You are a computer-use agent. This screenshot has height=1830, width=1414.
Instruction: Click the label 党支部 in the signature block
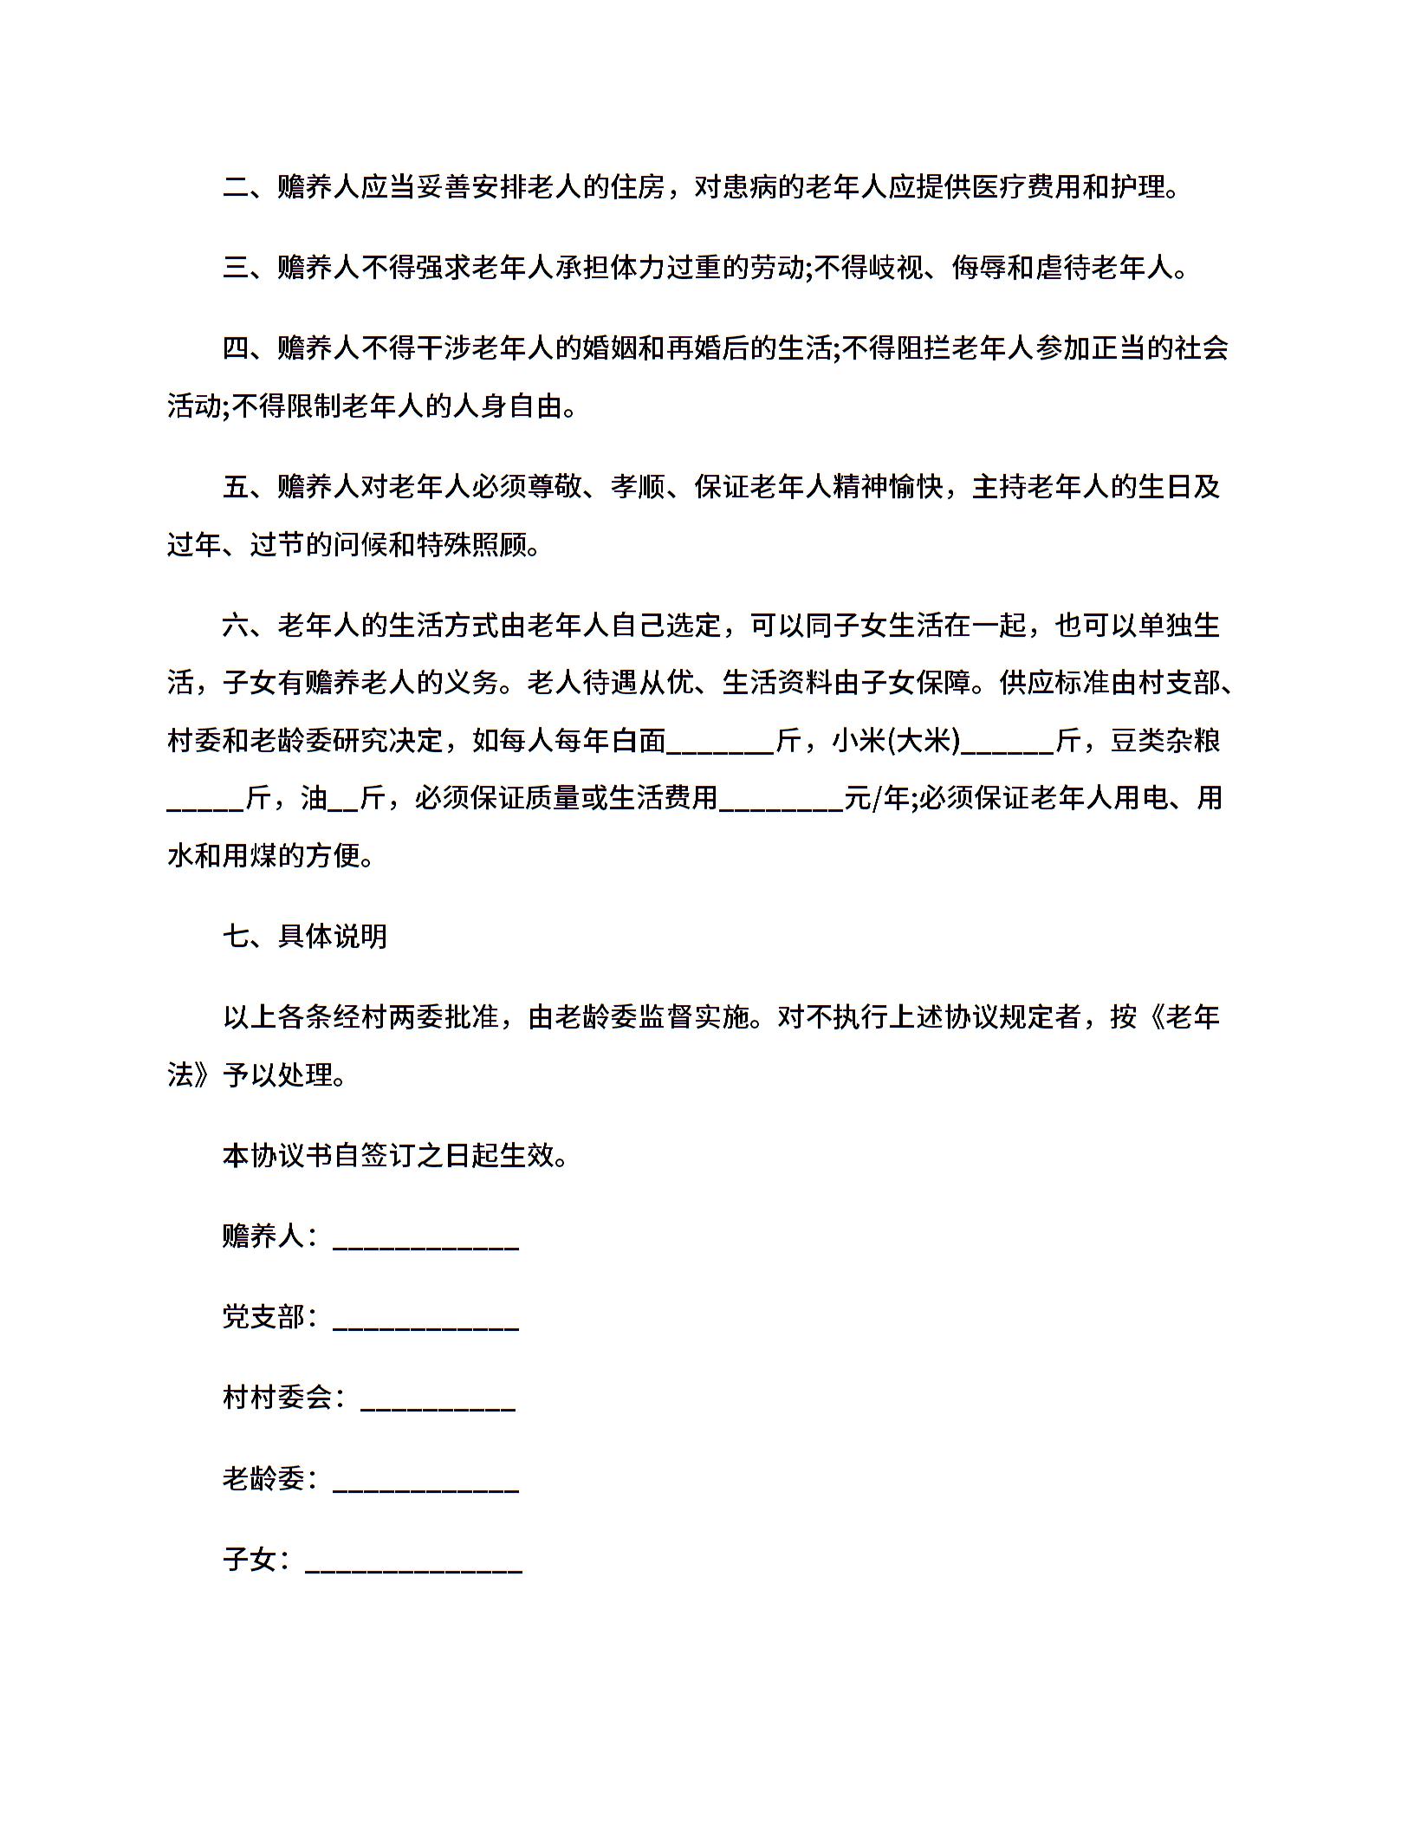(263, 1317)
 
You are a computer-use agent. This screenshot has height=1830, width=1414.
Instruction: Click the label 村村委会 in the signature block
(277, 1398)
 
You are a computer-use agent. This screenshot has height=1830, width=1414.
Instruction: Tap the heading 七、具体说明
(305, 936)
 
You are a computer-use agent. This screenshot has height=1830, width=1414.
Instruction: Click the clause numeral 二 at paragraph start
(237, 187)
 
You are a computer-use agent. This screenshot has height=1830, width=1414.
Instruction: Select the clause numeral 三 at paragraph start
(237, 268)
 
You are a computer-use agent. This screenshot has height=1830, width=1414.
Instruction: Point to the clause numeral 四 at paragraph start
(237, 348)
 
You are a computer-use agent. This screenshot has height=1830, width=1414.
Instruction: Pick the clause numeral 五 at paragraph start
(237, 487)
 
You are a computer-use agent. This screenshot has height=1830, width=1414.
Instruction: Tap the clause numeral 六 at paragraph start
(237, 626)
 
